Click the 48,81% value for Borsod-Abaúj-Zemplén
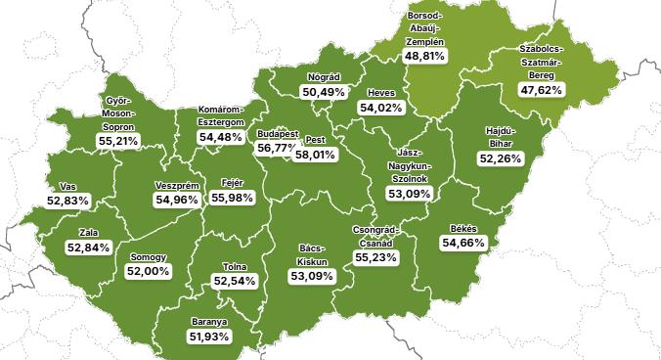[x=424, y=57]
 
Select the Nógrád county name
[x=322, y=76]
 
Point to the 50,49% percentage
[x=322, y=92]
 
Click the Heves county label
[x=380, y=93]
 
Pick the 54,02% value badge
[x=380, y=108]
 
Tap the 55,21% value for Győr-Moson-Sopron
[x=117, y=141]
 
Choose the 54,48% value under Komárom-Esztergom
[x=220, y=137]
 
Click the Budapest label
[x=277, y=133]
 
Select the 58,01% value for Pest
[x=315, y=155]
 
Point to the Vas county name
[x=67, y=186]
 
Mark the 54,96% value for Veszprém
[x=177, y=200]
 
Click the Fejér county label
[x=232, y=183]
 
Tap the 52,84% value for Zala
[x=88, y=247]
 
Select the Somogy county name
[x=148, y=256]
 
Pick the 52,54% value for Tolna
[x=234, y=281]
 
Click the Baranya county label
[x=208, y=321]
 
